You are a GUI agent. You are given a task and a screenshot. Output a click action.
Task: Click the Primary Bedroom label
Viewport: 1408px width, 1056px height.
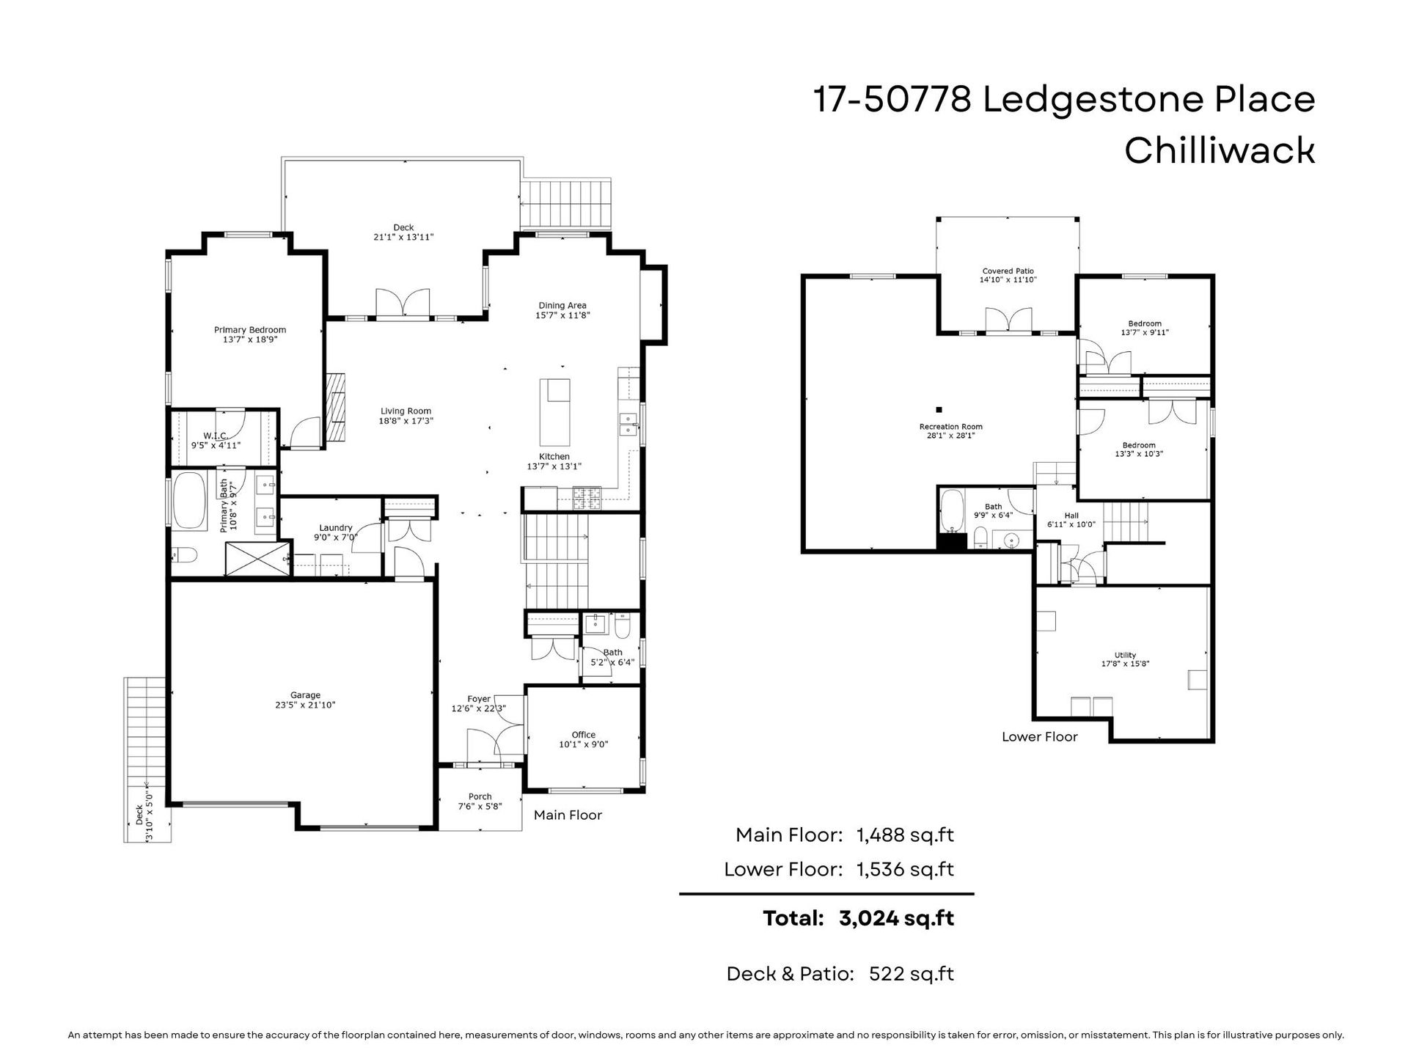pos(250,330)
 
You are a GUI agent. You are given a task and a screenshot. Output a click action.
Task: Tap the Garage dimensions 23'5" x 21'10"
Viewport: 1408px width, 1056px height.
pos(305,705)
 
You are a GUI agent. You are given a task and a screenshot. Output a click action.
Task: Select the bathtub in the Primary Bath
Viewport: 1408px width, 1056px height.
pos(189,499)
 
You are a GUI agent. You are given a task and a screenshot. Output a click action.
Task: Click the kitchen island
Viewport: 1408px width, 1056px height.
pos(554,412)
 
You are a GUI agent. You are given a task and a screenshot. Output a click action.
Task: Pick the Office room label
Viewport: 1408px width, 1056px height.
pos(584,735)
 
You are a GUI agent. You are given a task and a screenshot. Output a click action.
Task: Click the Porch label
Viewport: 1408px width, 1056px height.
pos(480,797)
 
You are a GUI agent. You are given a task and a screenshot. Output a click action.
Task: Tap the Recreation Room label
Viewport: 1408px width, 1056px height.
pos(951,427)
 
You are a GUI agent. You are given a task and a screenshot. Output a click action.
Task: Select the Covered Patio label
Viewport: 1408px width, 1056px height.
pos(1008,271)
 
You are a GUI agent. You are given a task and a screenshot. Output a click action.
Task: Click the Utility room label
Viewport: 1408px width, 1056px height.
pos(1126,656)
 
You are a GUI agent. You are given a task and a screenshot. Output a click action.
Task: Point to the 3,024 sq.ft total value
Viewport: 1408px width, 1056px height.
pos(896,918)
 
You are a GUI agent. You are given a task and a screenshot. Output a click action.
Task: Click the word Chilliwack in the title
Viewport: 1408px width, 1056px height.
pos(1220,150)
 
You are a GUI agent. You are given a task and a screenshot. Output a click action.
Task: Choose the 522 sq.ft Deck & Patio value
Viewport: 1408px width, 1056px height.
pos(912,974)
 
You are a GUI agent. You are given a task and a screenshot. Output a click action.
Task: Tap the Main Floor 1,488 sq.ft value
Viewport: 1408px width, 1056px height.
pos(906,835)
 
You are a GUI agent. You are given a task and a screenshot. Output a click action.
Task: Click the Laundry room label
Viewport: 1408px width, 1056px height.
pos(336,528)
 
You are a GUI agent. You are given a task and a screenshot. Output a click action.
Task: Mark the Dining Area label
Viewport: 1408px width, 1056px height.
pos(562,306)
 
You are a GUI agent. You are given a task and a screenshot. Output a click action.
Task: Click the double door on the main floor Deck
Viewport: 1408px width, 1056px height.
pos(403,304)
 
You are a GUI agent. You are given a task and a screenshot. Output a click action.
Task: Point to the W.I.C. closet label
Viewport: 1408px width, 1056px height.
pos(216,436)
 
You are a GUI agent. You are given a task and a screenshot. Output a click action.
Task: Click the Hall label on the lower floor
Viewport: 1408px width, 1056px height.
pos(1071,516)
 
